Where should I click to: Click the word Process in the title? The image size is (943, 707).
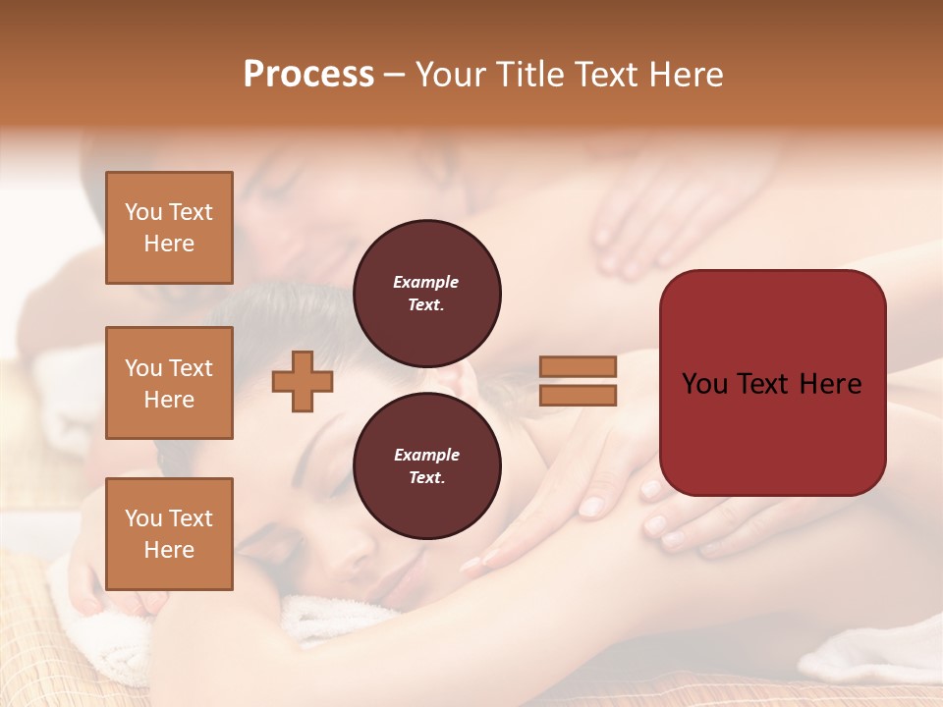tap(308, 75)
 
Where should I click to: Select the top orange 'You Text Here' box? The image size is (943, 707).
tap(169, 228)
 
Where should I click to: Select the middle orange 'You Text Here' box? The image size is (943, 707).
tap(169, 383)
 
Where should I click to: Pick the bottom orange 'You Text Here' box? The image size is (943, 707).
tap(169, 534)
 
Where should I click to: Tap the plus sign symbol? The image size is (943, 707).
tap(303, 381)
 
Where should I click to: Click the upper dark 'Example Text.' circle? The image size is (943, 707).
tap(426, 293)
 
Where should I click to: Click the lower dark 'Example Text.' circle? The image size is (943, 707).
tap(426, 465)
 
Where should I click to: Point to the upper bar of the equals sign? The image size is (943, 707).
tap(578, 366)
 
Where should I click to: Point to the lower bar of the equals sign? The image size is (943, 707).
tap(578, 395)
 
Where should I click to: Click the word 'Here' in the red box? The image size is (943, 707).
tap(830, 384)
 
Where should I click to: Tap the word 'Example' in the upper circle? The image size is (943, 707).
tap(426, 282)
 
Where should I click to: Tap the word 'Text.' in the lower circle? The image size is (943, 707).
tap(426, 477)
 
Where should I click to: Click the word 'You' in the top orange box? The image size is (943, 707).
tap(142, 212)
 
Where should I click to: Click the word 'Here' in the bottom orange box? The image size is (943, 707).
tap(169, 550)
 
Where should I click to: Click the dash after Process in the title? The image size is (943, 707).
tap(395, 75)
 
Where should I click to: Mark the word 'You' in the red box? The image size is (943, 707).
tap(704, 384)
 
